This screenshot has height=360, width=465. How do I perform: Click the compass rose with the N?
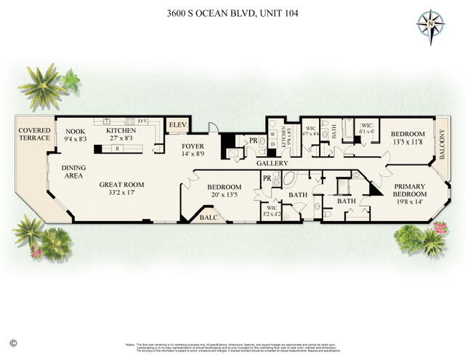pos(430,27)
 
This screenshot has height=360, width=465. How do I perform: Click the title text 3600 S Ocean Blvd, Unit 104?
pos(232,13)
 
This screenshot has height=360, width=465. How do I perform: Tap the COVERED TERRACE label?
pos(35,134)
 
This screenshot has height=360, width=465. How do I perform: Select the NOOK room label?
pos(75,131)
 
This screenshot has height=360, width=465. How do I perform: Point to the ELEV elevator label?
pos(178,125)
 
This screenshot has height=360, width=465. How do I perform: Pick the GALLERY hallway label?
pos(272,164)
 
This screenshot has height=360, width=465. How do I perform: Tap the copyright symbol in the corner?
pos(12,342)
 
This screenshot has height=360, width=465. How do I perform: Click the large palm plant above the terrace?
pos(42,86)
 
